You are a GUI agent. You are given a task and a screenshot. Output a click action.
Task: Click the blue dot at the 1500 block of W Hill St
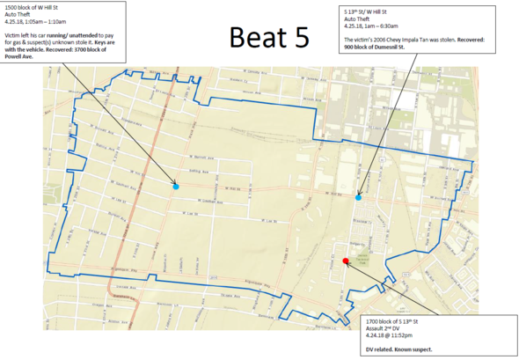[x=176, y=186]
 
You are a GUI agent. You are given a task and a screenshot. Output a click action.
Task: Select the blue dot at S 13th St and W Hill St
[x=358, y=196]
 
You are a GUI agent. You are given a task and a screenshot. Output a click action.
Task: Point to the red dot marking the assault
[x=346, y=261]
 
